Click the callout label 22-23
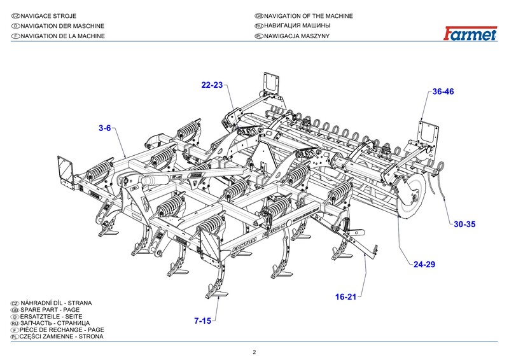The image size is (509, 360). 213,85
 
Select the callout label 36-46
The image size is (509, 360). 443,92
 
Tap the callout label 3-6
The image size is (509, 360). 105,128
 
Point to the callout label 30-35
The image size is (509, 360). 464,224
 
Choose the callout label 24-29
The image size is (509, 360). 424,264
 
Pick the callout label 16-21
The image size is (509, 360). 348,297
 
